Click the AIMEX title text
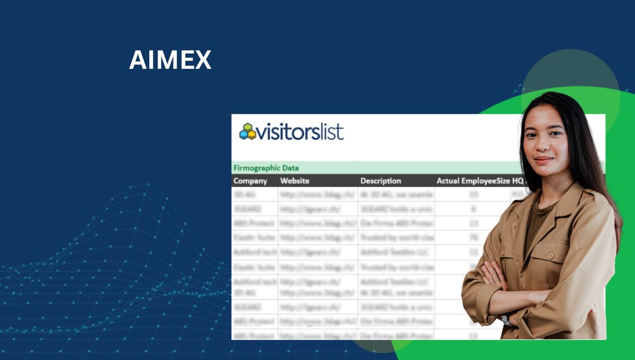(170, 60)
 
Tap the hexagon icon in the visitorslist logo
(247, 131)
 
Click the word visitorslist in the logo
(301, 131)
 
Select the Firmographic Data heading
(266, 168)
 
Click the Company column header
(250, 181)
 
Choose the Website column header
(295, 181)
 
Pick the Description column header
(380, 181)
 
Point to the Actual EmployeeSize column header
(473, 181)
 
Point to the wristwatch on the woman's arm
(506, 319)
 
